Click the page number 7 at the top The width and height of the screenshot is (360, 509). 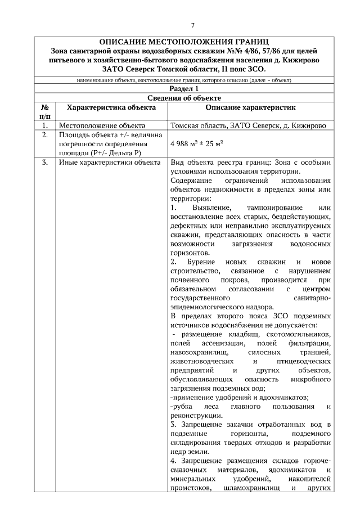(192, 25)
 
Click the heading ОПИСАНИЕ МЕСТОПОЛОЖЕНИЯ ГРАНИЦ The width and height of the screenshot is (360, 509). (180, 42)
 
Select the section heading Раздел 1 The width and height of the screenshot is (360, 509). (180, 89)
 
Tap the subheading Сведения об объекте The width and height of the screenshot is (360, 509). (180, 98)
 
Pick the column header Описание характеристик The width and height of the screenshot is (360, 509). (250, 107)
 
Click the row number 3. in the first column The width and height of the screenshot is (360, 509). (44, 163)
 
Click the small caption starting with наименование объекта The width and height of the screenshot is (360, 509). (180, 80)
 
